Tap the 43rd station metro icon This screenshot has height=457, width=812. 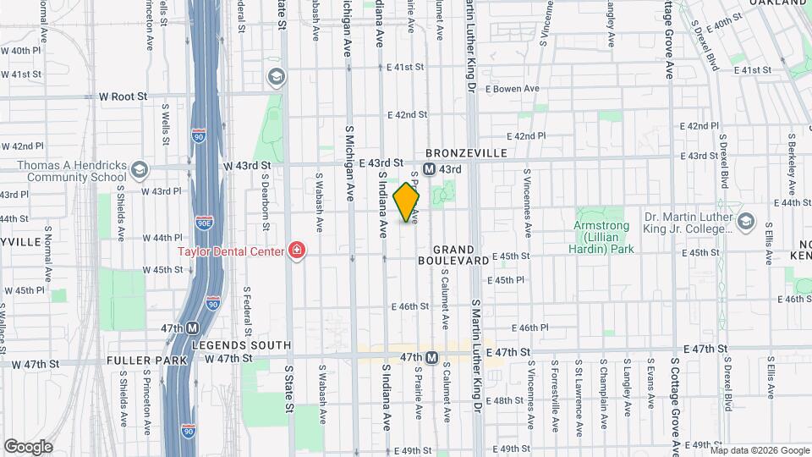[429, 169]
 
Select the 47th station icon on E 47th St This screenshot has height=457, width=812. [431, 358]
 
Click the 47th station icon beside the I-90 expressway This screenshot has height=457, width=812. [193, 328]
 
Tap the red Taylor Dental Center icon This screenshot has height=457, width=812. [296, 250]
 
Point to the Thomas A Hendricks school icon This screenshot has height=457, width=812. [140, 172]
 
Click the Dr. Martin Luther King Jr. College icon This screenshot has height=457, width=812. [745, 222]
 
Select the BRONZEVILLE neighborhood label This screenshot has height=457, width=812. [466, 153]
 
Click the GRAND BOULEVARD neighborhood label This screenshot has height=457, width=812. [460, 256]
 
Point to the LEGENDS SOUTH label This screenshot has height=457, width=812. [241, 345]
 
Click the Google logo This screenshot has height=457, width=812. [29, 446]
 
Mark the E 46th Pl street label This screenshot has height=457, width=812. [535, 328]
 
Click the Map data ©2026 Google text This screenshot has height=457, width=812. [759, 449]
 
